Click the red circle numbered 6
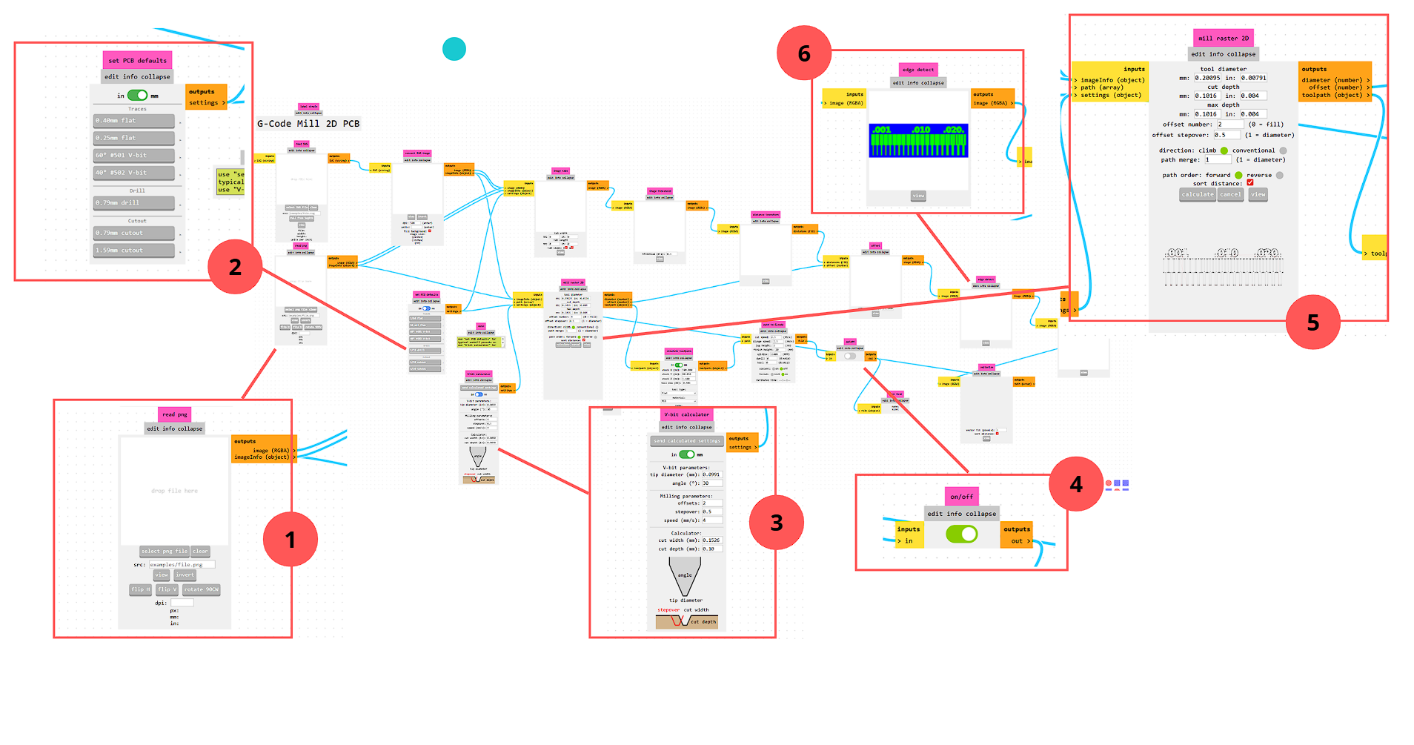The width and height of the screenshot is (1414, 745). point(804,53)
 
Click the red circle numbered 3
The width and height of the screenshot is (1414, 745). point(776,523)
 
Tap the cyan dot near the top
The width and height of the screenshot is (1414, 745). point(454,49)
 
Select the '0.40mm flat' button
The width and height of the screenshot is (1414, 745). point(134,120)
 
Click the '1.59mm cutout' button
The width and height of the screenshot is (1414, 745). point(134,251)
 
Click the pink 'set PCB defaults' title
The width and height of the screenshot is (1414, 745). point(137,60)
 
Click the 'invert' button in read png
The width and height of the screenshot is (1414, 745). point(185,575)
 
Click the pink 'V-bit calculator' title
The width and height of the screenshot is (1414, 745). point(686,414)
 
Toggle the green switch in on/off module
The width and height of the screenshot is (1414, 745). point(961,534)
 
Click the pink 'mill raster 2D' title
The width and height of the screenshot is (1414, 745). point(1224,39)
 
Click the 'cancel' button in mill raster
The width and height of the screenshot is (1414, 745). point(1230,194)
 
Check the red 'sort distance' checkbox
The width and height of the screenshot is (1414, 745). point(1250,183)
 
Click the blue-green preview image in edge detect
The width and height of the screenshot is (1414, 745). point(918,140)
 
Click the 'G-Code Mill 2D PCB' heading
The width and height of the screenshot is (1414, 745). point(308,124)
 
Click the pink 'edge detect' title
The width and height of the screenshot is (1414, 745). point(918,70)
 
